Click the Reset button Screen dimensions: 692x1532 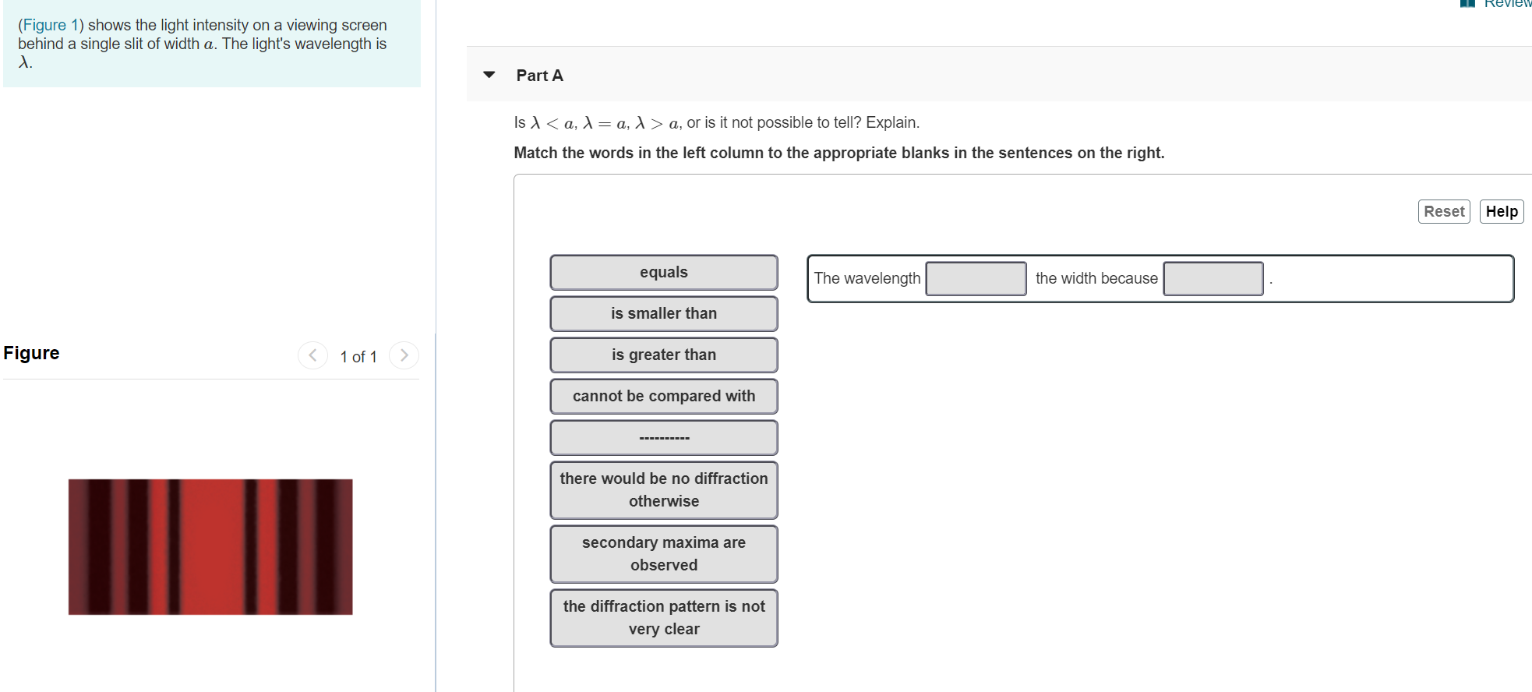(x=1443, y=211)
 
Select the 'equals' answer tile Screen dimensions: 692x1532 (x=663, y=273)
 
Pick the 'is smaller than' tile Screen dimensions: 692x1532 (x=663, y=314)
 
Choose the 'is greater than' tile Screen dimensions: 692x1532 (x=663, y=355)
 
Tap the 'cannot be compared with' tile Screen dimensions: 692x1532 (x=663, y=397)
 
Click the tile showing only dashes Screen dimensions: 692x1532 (x=663, y=438)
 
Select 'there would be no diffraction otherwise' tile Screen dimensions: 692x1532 (x=663, y=490)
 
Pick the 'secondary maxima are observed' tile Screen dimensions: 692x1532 (x=663, y=554)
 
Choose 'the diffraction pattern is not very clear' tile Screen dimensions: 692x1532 (x=663, y=618)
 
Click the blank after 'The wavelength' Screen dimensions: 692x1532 (x=976, y=279)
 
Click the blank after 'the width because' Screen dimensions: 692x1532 (x=1213, y=279)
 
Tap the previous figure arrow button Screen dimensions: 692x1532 (x=312, y=355)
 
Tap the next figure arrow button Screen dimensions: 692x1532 (x=404, y=355)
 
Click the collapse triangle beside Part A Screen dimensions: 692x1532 (x=489, y=75)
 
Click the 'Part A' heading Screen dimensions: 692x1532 (x=539, y=76)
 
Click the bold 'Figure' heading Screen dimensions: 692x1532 (x=31, y=353)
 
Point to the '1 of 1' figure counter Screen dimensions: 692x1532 (x=358, y=357)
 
